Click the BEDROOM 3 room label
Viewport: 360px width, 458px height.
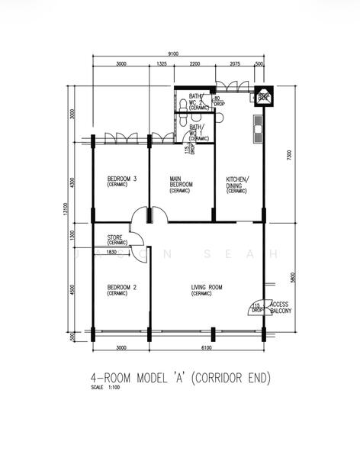[x=121, y=180]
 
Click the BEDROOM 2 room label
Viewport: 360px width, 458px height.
[x=121, y=288]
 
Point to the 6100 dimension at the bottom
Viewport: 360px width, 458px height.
[x=207, y=348]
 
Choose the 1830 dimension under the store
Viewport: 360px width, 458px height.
[x=112, y=252]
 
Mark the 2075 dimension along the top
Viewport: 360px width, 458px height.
[x=234, y=64]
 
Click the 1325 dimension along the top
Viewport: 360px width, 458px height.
[x=161, y=64]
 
